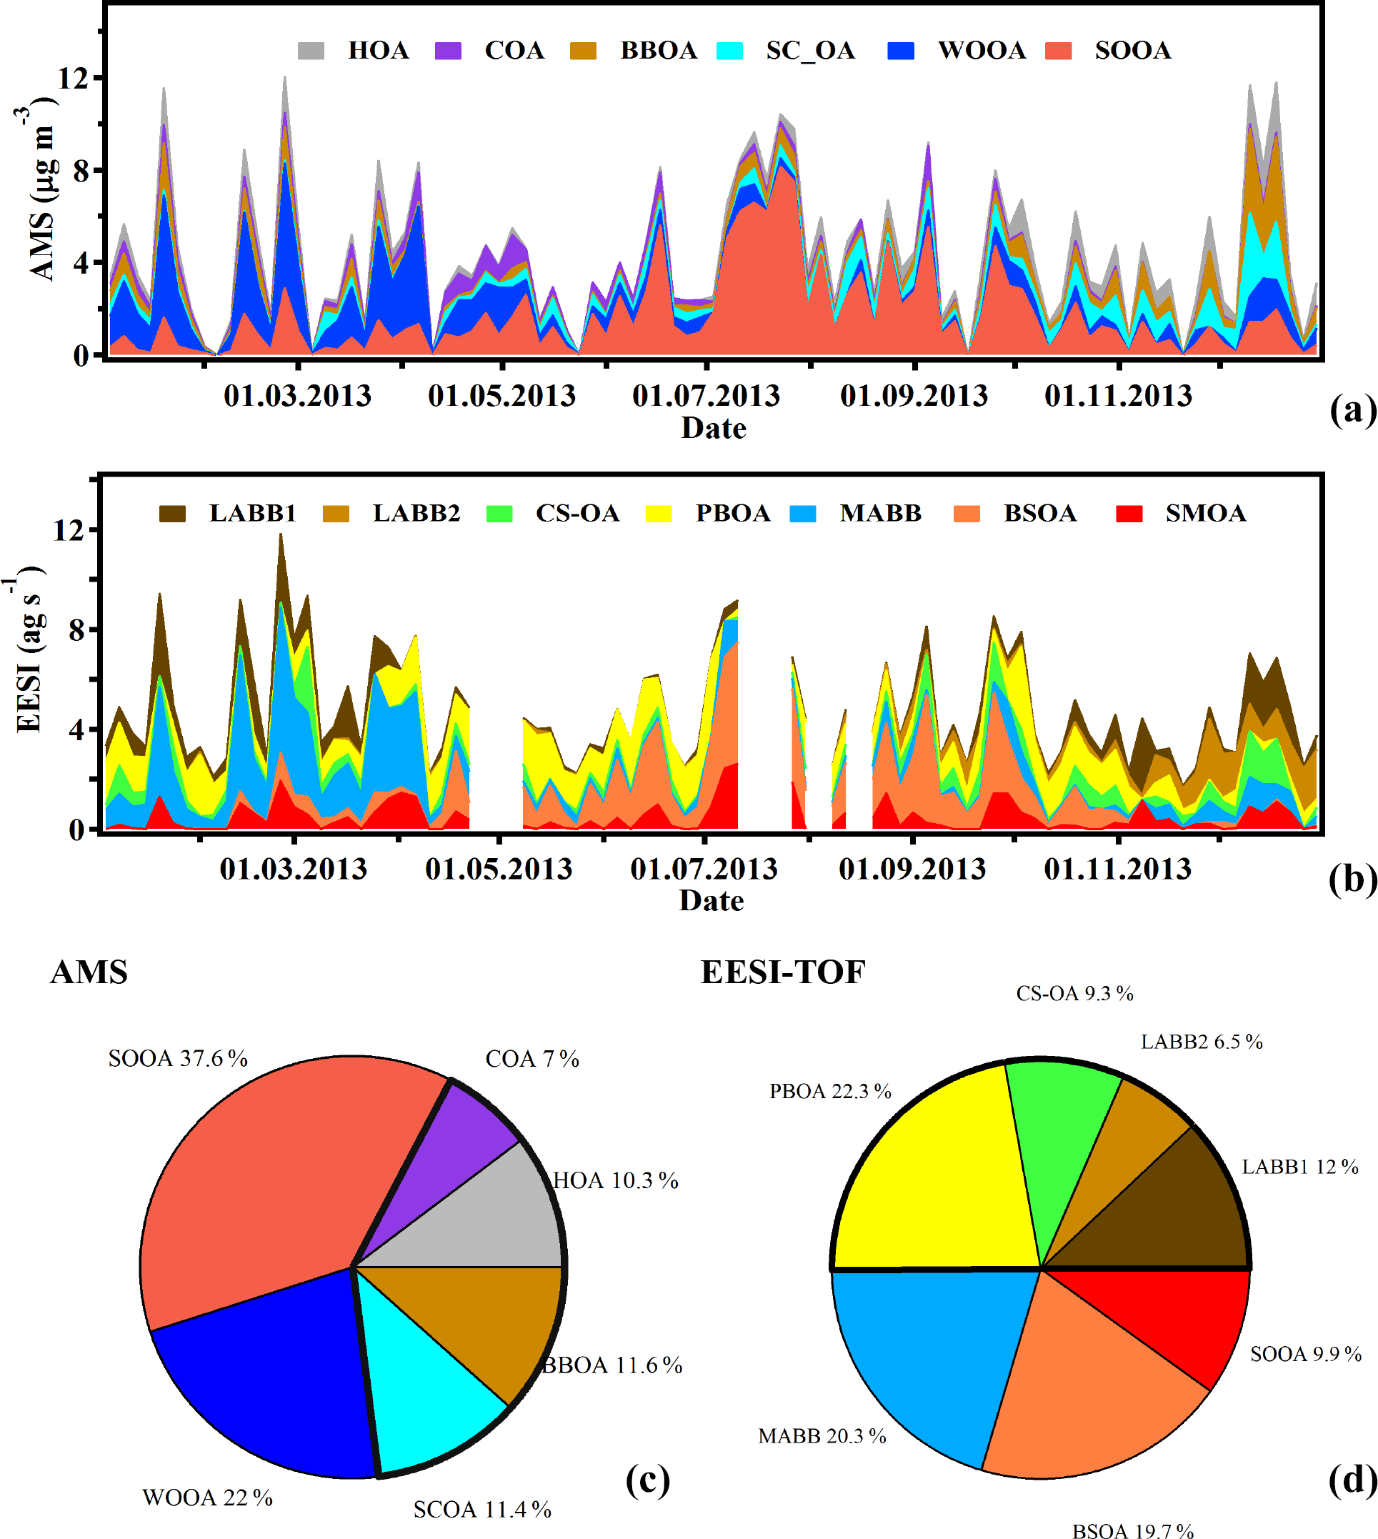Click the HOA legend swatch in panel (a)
click(311, 51)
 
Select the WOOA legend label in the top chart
click(982, 51)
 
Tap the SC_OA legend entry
click(809, 51)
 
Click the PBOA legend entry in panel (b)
click(732, 514)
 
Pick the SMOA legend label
click(1205, 514)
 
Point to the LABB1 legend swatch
click(172, 514)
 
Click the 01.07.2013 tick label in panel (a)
click(706, 396)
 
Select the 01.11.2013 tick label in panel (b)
click(1117, 869)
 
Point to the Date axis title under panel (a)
click(713, 429)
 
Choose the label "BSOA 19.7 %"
click(1133, 1528)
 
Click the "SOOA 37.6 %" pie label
click(178, 1059)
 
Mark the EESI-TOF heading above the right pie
click(783, 972)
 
